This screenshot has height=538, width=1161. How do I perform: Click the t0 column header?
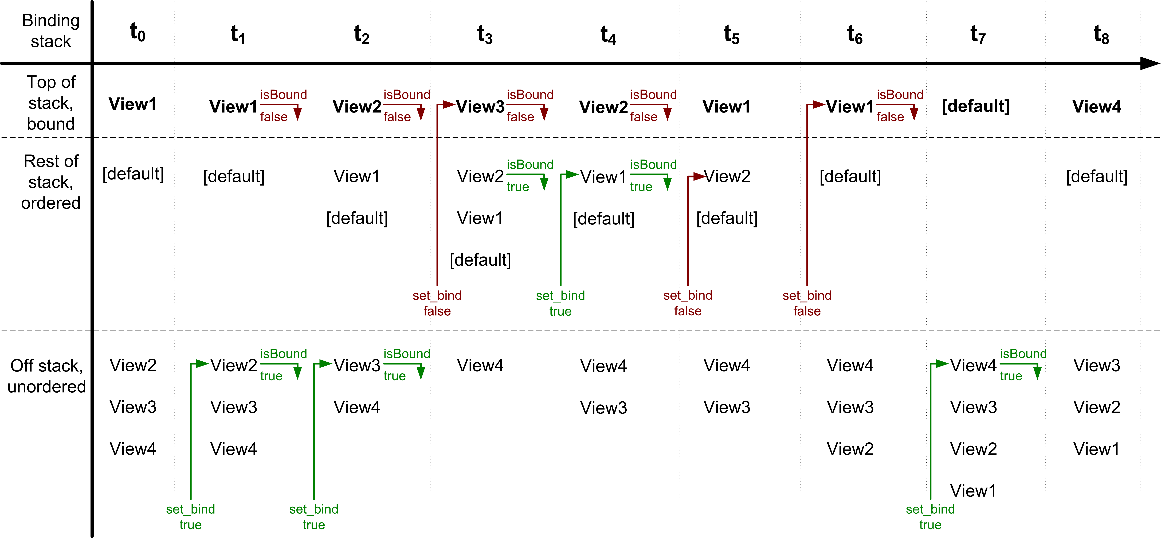click(138, 32)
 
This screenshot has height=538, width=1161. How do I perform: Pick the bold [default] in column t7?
click(975, 106)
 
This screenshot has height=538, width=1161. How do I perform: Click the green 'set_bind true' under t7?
click(930, 517)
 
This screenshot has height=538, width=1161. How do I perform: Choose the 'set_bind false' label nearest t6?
click(807, 303)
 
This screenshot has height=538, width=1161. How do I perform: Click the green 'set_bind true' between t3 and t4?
click(560, 303)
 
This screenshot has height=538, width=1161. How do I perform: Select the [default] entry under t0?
click(133, 174)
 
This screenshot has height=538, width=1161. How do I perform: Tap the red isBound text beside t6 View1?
click(900, 95)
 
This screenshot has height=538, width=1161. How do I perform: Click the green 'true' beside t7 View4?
click(1011, 376)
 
